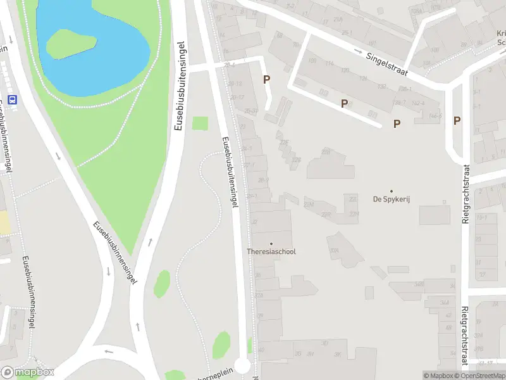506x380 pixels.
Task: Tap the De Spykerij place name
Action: (x=391, y=199)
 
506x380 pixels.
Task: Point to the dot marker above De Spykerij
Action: (x=391, y=191)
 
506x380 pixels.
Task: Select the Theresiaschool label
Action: (x=271, y=251)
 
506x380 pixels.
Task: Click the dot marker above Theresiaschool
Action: (x=271, y=243)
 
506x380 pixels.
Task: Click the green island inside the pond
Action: (x=71, y=43)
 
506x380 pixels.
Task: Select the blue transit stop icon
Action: (x=13, y=99)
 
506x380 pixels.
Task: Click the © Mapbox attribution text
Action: (x=439, y=376)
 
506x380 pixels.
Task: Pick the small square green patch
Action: (x=200, y=123)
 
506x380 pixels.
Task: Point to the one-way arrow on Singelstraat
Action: (x=358, y=52)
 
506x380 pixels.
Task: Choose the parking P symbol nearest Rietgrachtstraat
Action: (x=457, y=120)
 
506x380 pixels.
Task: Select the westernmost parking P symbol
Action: (x=267, y=80)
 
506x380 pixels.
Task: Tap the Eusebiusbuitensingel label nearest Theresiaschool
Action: (x=229, y=173)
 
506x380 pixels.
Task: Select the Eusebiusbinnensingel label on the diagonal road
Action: (x=114, y=253)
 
